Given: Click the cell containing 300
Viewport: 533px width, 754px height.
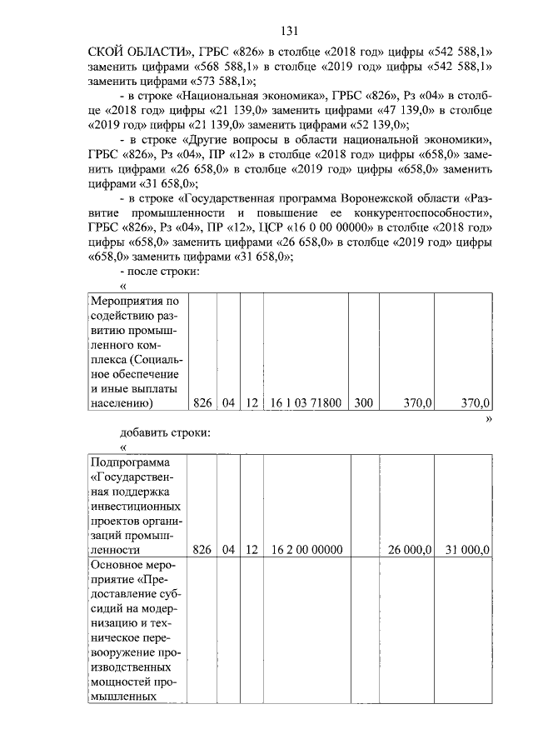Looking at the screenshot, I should pos(363,403).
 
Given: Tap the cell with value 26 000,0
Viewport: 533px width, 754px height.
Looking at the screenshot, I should pos(410,550).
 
